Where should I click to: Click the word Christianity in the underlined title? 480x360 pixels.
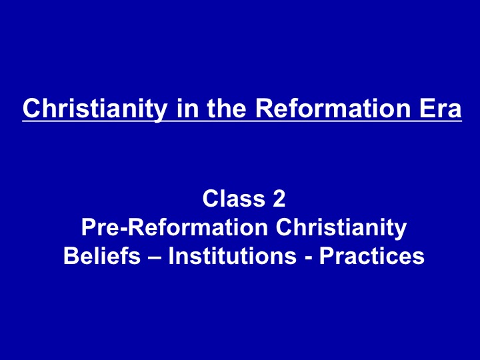pyautogui.click(x=95, y=109)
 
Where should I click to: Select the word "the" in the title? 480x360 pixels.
pyautogui.click(x=226, y=108)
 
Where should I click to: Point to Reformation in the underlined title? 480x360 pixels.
pyautogui.click(x=333, y=108)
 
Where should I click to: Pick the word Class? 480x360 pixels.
pyautogui.click(x=233, y=198)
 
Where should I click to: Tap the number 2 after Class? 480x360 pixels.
pyautogui.click(x=279, y=198)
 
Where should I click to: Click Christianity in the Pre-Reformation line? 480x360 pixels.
pyautogui.click(x=341, y=229)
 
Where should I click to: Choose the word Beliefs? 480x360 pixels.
pyautogui.click(x=102, y=255)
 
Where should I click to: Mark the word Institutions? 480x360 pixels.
pyautogui.click(x=233, y=255)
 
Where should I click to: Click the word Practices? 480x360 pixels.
pyautogui.click(x=372, y=255)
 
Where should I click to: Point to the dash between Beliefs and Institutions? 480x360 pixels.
pyautogui.click(x=155, y=258)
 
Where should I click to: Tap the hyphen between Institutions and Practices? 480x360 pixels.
pyautogui.click(x=308, y=258)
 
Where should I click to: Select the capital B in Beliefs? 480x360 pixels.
pyautogui.click(x=71, y=255)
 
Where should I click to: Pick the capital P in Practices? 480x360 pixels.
pyautogui.click(x=327, y=255)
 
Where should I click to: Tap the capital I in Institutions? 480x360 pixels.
pyautogui.click(x=171, y=255)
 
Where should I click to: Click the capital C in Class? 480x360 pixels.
pyautogui.click(x=211, y=198)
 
